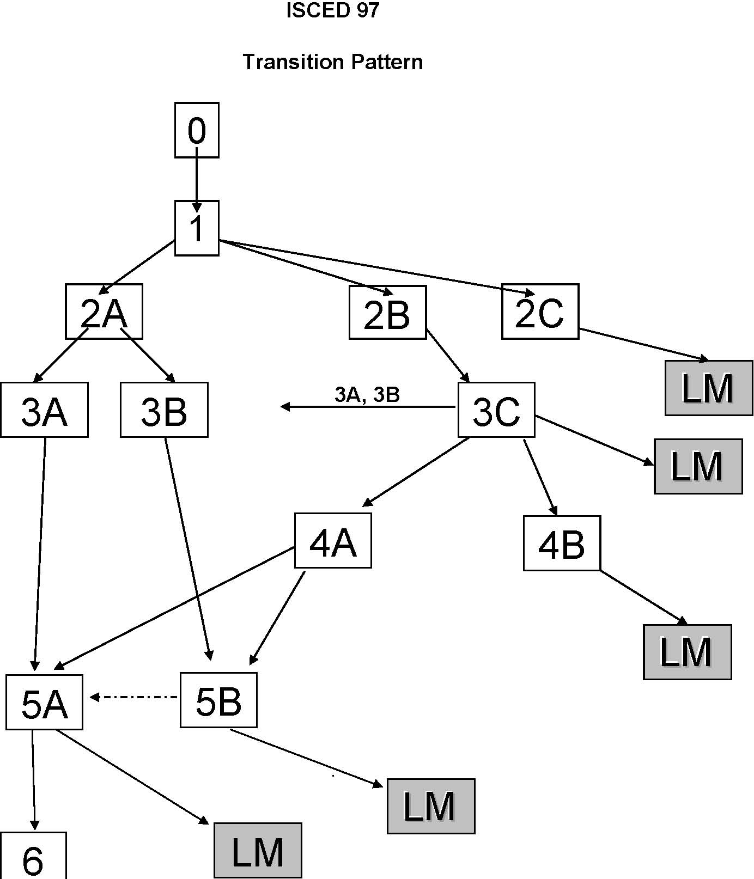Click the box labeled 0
pos(197,130)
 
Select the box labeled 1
pos(197,228)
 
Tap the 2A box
pos(104,312)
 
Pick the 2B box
pos(387,313)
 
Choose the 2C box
pos(540,312)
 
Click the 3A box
pos(44,410)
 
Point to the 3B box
pos(164,410)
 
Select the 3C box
pos(496,410)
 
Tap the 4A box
pos(333,541)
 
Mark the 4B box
pos(562,544)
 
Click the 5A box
pos(44,703)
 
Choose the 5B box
pos(218,700)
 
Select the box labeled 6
pos(33,857)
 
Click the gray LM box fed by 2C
pos(708,388)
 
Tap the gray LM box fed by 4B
pos(687,652)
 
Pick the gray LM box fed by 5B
pos(431,807)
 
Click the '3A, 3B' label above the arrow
pos(367,395)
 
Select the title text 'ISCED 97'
pos(333,10)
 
